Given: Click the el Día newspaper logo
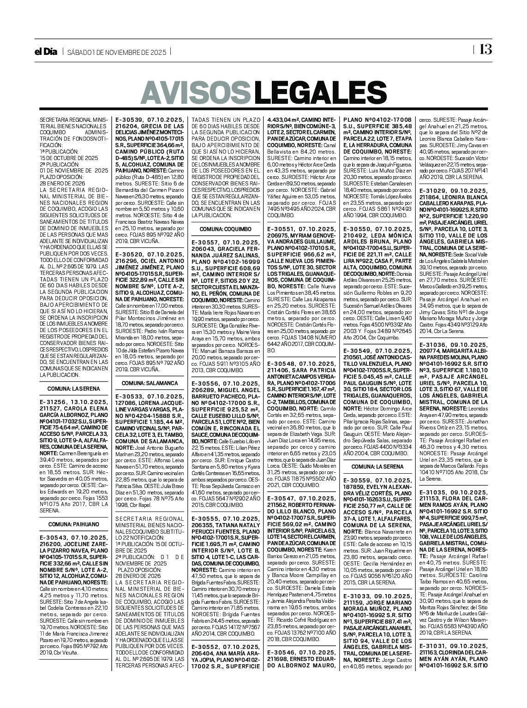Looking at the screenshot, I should tap(48, 52).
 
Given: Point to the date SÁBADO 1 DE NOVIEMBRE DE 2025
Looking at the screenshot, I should tap(116, 52).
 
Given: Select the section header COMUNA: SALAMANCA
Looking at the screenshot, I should tap(150, 383).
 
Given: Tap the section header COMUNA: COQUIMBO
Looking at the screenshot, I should tap(225, 229).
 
